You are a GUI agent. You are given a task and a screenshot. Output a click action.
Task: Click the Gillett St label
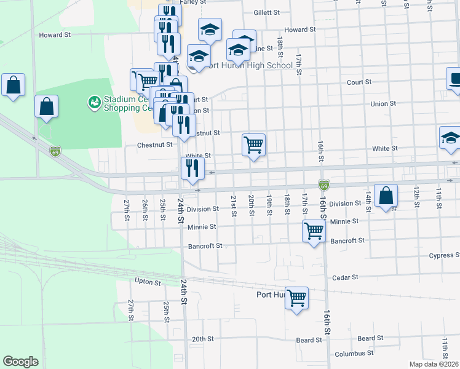click(266, 12)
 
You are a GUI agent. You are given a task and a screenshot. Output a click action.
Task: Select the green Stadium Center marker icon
click(94, 101)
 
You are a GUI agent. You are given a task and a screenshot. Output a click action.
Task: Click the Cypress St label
click(445, 255)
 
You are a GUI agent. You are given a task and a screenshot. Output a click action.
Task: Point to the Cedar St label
click(345, 277)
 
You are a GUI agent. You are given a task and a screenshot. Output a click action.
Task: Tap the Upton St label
click(148, 282)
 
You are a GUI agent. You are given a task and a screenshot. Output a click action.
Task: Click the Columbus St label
click(350, 354)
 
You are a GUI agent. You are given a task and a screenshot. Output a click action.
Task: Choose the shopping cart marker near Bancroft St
click(314, 231)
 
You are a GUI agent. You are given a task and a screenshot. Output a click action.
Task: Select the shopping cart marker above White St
click(254, 145)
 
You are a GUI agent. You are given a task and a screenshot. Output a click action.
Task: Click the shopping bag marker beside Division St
click(386, 196)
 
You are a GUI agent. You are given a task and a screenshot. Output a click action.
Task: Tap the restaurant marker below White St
click(192, 168)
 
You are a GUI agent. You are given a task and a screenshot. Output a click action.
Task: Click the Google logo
click(20, 362)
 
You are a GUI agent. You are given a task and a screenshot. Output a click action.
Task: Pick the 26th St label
click(145, 209)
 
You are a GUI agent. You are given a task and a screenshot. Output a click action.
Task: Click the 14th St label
click(368, 200)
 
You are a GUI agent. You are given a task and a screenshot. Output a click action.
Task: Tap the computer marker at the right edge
click(454, 79)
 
